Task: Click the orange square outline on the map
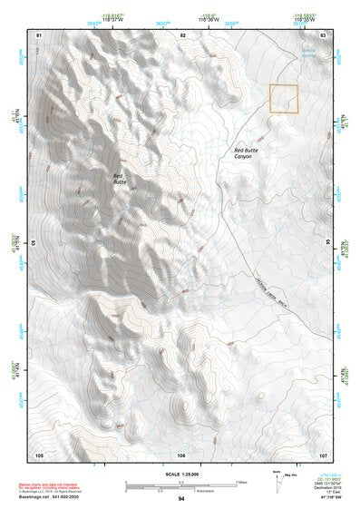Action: point(284,99)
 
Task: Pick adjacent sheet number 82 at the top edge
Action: point(182,34)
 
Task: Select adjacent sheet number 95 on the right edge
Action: point(327,243)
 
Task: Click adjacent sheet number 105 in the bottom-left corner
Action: point(39,454)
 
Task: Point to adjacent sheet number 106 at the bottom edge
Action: point(181,454)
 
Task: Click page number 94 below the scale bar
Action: point(181,499)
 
